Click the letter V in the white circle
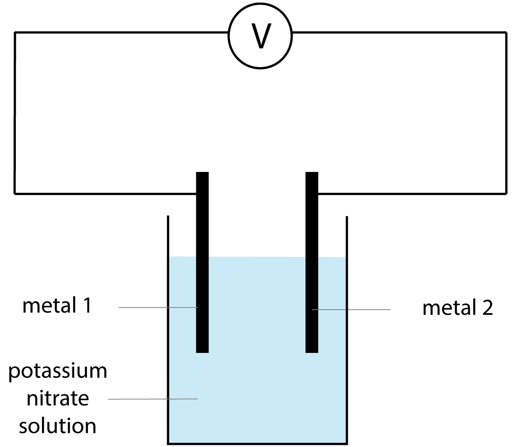point(261,36)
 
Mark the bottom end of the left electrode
point(202,352)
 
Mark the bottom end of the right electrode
point(312,352)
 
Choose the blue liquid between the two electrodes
point(257,304)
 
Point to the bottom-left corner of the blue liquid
point(170,441)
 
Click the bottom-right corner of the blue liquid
point(344,441)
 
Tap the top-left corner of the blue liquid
point(170,257)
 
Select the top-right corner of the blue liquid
point(344,258)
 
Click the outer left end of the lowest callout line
point(109,399)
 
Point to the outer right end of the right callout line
point(390,310)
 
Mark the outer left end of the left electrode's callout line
point(120,308)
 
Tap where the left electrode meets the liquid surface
point(202,257)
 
